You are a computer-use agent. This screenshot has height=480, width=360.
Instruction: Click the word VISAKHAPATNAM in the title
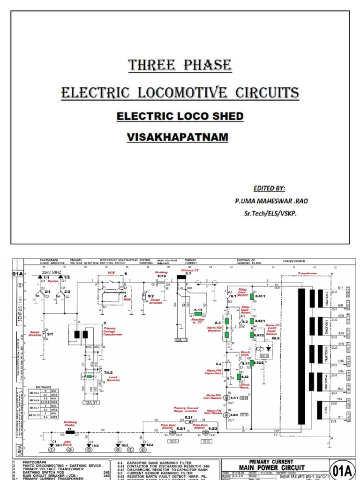point(177,137)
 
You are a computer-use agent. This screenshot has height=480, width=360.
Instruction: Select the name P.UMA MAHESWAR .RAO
point(271,201)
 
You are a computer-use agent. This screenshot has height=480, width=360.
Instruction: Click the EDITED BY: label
point(269,188)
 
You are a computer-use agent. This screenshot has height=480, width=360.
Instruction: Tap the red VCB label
point(111,272)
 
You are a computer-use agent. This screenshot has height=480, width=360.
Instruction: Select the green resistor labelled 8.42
point(239,376)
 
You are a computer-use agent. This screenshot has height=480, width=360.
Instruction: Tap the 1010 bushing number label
point(161,277)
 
